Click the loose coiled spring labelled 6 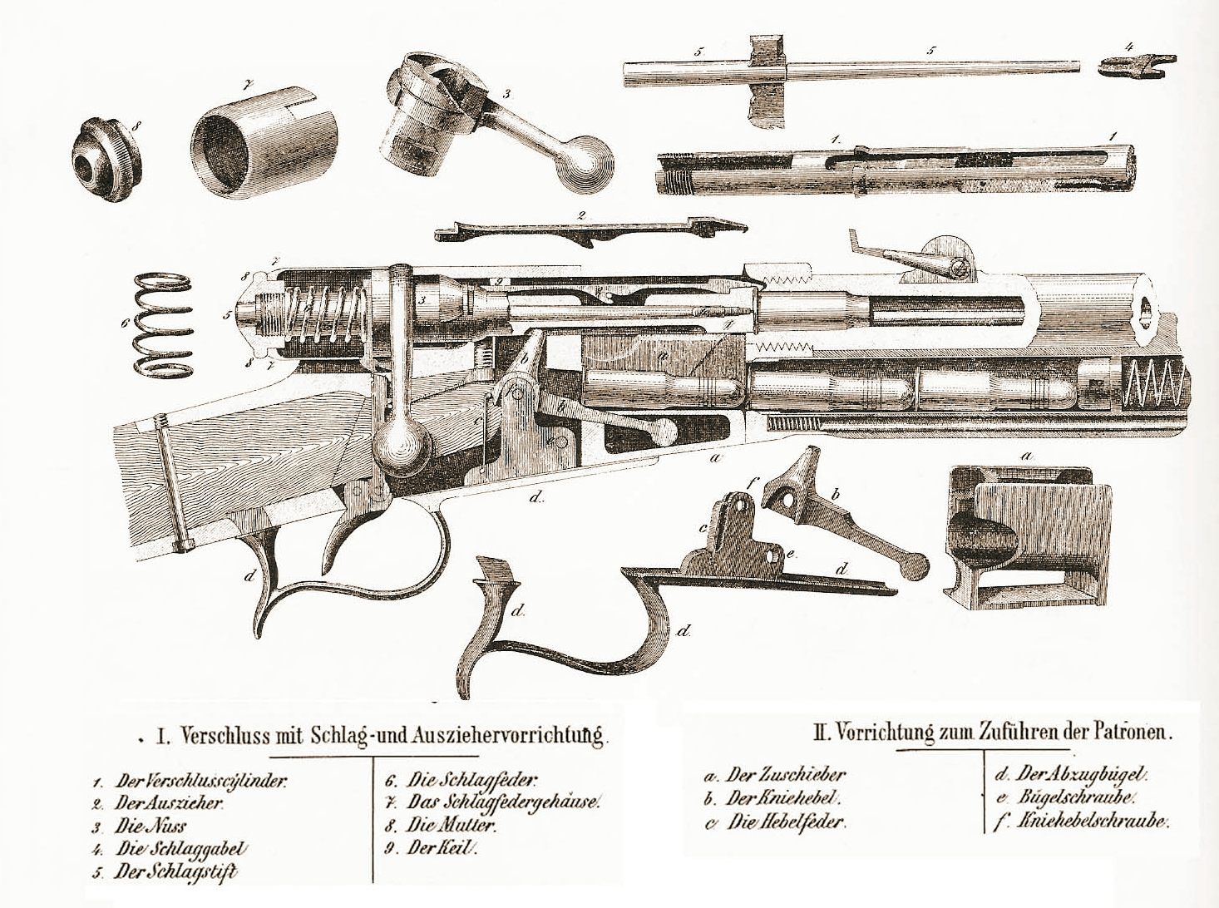point(164,324)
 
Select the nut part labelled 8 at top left point(106,160)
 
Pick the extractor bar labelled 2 point(590,229)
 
